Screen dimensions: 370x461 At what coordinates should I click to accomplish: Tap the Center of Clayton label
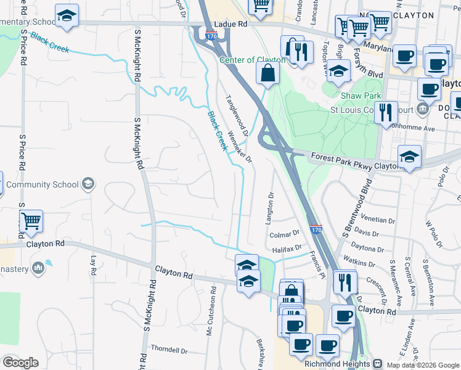(x=253, y=60)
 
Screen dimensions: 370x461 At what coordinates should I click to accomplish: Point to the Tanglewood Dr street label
(x=237, y=115)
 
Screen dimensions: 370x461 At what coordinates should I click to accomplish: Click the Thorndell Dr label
(x=169, y=350)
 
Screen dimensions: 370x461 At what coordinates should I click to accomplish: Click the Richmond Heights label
(x=337, y=364)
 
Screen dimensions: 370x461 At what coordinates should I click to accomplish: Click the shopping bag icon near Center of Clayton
(x=268, y=74)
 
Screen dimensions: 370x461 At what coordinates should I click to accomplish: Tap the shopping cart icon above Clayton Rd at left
(x=31, y=221)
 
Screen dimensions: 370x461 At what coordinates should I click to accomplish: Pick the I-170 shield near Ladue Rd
(x=211, y=36)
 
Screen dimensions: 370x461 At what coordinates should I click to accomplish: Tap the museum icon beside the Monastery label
(x=38, y=267)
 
